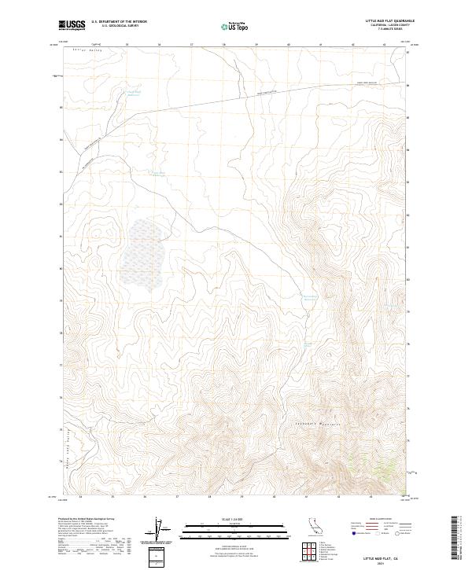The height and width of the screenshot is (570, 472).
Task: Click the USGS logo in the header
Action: point(72,25)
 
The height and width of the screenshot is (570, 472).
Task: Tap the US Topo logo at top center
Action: point(236,26)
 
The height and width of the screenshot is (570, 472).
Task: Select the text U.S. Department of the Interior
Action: point(119,23)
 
